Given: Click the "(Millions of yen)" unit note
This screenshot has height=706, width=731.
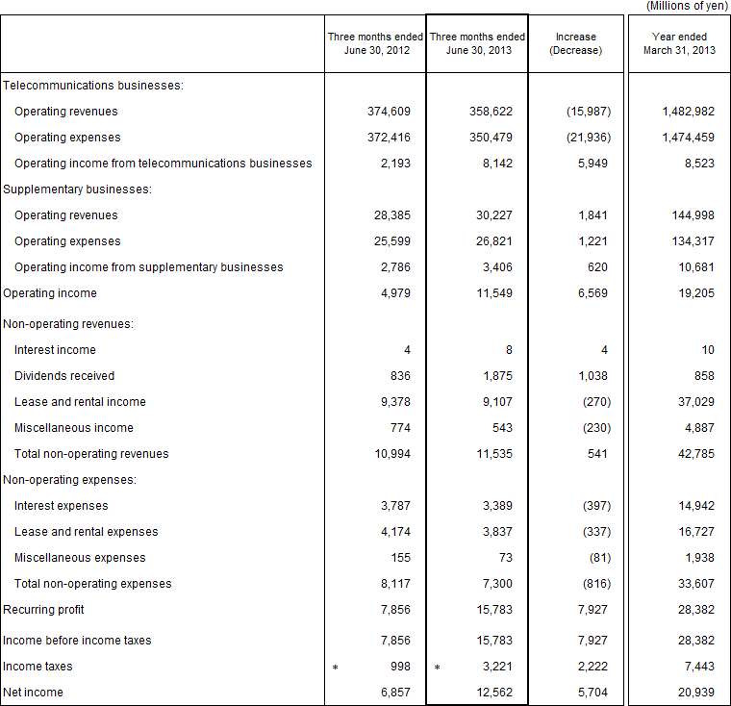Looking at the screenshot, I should point(688,6).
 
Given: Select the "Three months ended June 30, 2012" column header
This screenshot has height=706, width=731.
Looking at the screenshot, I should point(375,43).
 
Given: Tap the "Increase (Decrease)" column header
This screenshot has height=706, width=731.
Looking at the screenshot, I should point(575,43).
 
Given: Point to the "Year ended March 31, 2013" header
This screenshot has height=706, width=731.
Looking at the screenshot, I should point(678,43).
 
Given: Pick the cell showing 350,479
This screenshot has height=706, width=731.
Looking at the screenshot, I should point(491,138).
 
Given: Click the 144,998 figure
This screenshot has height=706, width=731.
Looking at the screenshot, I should point(688,215).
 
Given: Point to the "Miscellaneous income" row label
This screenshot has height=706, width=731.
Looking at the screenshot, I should point(74,428).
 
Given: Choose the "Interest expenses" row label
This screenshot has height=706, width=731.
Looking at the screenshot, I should point(62,506).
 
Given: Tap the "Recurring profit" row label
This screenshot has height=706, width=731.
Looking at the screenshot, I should point(44,610).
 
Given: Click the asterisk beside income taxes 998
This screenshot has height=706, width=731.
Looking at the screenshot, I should point(335,667).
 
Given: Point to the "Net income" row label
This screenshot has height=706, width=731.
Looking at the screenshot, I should point(34,693).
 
